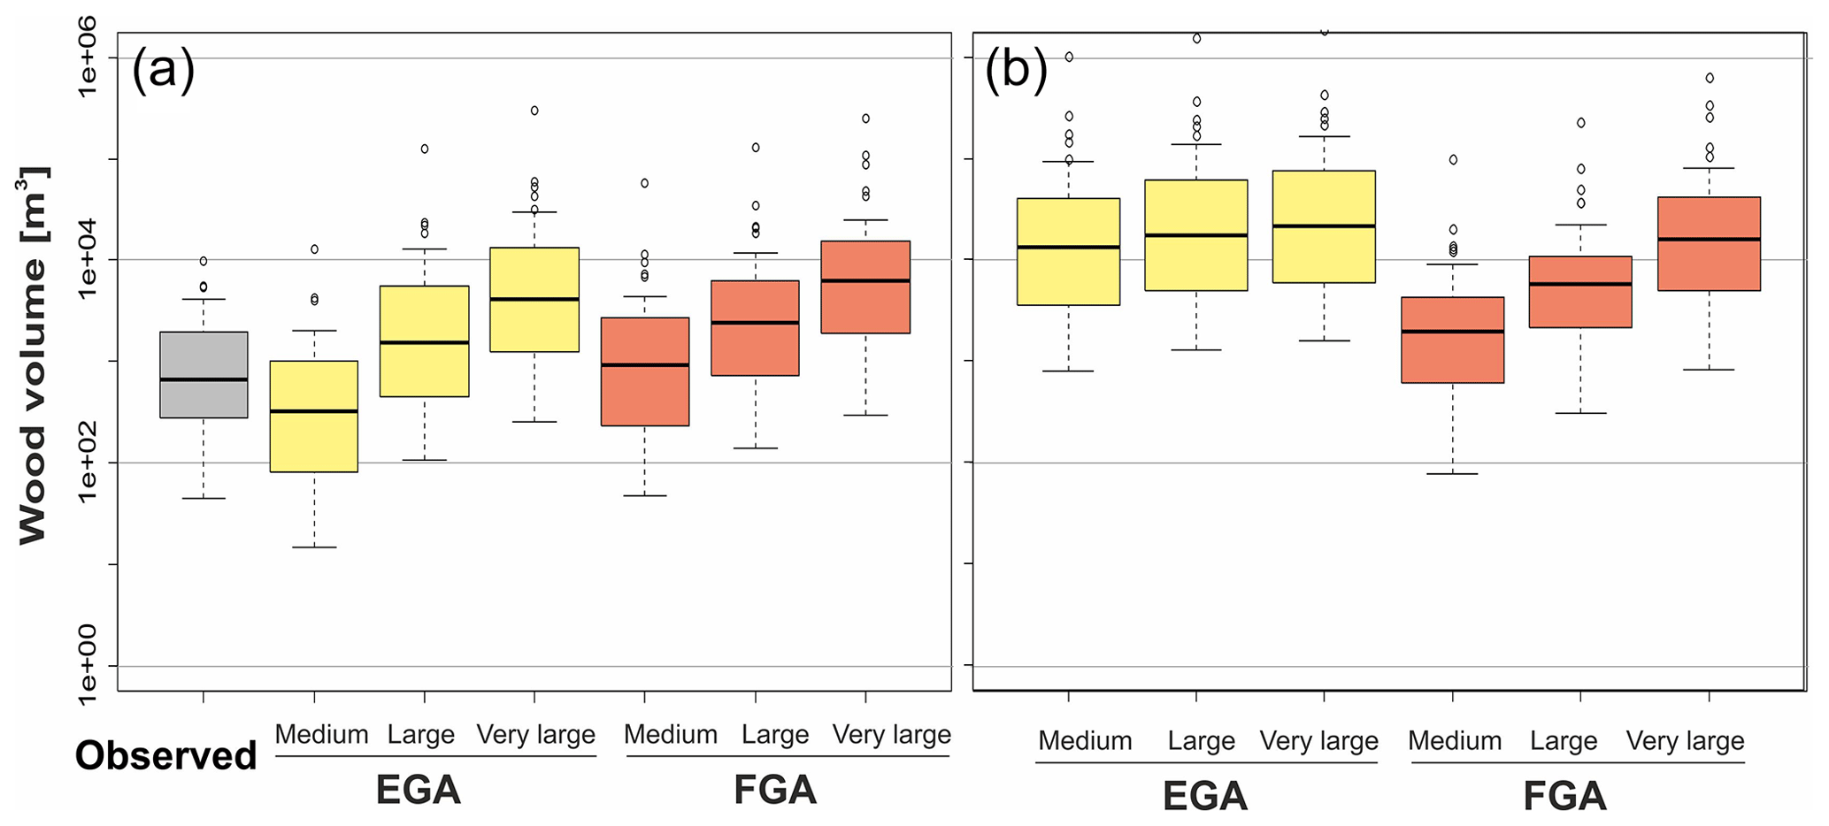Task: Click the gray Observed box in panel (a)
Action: point(204,374)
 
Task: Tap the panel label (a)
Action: point(163,69)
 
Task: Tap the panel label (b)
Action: point(1016,69)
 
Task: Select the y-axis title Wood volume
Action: point(34,356)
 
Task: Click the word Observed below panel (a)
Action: point(165,756)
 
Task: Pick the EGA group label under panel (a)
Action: point(418,790)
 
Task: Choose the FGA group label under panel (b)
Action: point(1564,796)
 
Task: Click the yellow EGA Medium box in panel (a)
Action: point(314,416)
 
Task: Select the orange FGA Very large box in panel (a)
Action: point(865,287)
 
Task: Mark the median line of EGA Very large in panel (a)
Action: point(534,299)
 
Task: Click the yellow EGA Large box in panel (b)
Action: point(1196,235)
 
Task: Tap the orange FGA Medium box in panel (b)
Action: point(1453,340)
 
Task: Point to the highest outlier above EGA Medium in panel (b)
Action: point(1069,57)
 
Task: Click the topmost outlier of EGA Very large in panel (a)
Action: point(534,111)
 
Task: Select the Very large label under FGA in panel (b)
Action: point(1685,741)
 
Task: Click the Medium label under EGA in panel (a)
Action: point(321,735)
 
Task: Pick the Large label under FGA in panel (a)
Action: point(775,735)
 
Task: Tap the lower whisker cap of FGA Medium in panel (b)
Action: point(1453,474)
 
